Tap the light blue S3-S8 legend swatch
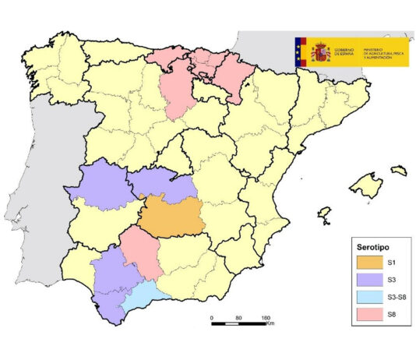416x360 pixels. tap(368, 297)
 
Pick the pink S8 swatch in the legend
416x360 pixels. tap(368, 313)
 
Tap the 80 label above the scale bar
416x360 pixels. tap(238, 318)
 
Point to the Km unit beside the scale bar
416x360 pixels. tap(270, 324)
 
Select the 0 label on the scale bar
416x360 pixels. tap(212, 318)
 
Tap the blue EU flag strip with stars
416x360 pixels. tap(299, 53)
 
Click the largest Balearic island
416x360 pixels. tap(365, 185)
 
